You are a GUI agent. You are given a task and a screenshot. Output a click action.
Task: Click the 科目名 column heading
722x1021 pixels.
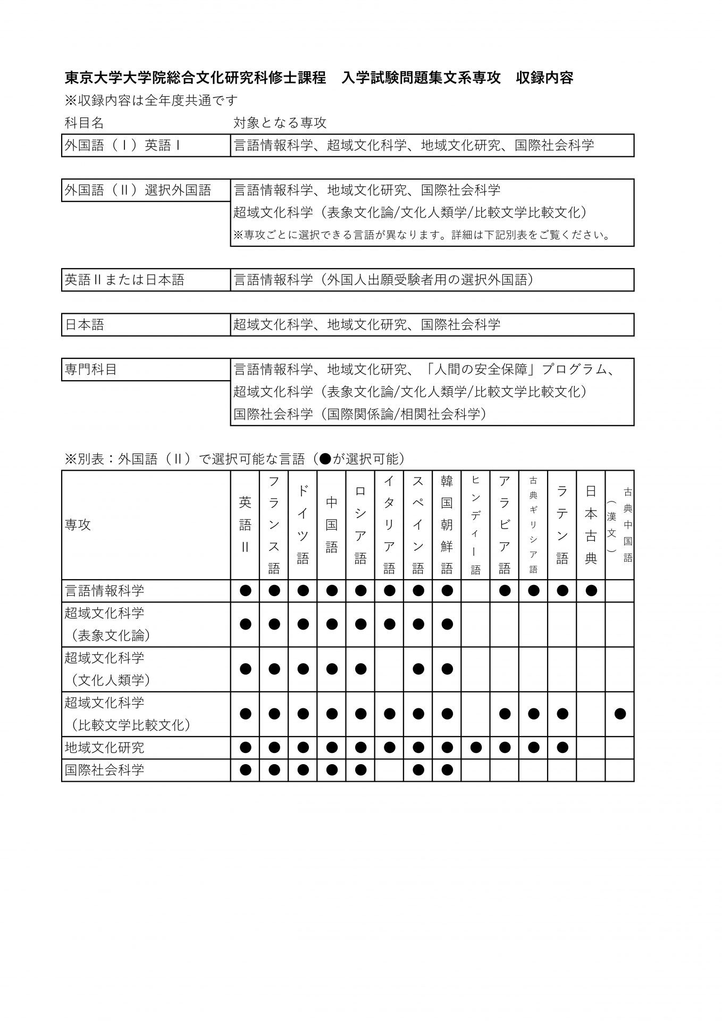click(84, 123)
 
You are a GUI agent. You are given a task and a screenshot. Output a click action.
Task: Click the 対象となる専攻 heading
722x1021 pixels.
click(280, 123)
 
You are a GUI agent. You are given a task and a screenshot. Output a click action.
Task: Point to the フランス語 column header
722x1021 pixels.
click(274, 525)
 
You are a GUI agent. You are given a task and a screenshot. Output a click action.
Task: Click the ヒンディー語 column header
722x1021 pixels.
click(475, 525)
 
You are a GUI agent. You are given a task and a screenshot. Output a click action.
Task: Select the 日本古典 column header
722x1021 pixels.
click(591, 525)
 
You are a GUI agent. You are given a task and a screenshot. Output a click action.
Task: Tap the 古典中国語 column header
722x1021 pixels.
click(620, 525)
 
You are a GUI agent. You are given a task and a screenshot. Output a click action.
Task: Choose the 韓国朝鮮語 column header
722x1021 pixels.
click(447, 525)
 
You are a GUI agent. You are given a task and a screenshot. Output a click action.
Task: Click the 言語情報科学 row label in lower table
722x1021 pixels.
click(105, 591)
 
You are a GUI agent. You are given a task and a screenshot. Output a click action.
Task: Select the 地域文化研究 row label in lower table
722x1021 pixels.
click(105, 748)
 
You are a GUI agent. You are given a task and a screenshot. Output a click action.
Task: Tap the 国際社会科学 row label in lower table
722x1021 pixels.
click(105, 770)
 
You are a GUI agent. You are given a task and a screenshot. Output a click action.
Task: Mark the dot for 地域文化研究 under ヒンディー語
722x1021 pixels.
click(475, 748)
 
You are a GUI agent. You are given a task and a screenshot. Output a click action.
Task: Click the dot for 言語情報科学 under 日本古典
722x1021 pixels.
click(591, 590)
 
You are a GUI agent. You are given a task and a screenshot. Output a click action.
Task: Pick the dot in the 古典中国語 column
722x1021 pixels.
click(620, 714)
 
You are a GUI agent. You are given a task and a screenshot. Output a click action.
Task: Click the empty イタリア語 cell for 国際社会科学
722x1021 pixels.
click(389, 770)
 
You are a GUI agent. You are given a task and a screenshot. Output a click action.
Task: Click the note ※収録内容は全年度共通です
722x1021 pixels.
click(151, 101)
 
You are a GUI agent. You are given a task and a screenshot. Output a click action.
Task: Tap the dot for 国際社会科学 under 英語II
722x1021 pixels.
click(245, 770)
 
